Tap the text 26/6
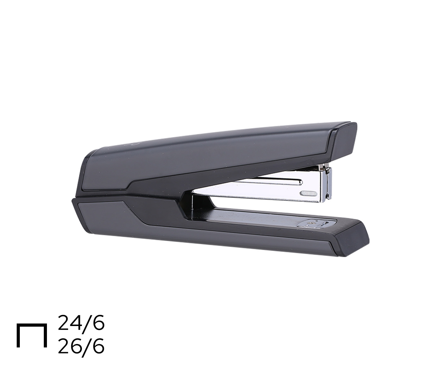[81, 346]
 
